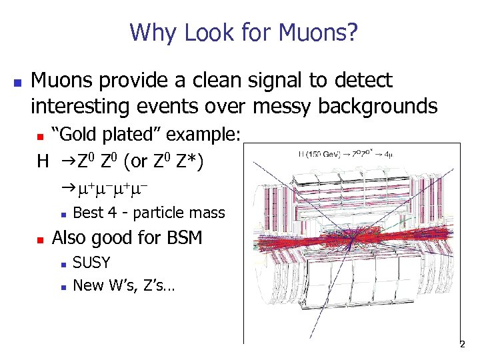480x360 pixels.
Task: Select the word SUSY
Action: (91, 262)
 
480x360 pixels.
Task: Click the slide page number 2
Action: (461, 345)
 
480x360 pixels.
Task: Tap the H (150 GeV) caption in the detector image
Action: (314, 155)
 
